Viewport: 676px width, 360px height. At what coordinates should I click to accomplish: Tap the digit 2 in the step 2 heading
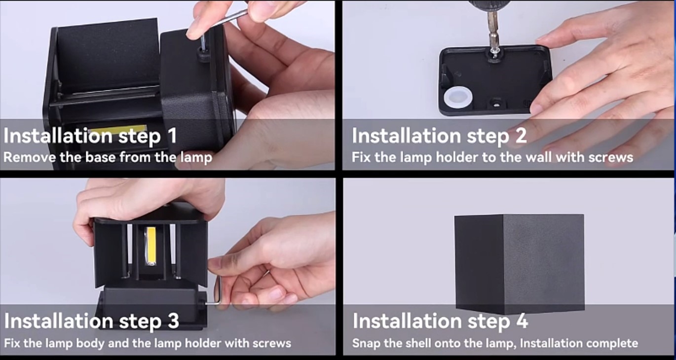point(521,136)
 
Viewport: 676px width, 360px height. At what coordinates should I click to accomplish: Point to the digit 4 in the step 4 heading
point(522,321)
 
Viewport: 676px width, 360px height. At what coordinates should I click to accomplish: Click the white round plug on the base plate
point(458,98)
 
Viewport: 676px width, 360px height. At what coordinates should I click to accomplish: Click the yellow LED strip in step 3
point(151,246)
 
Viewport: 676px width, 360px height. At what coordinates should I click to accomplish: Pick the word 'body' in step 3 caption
point(90,343)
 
